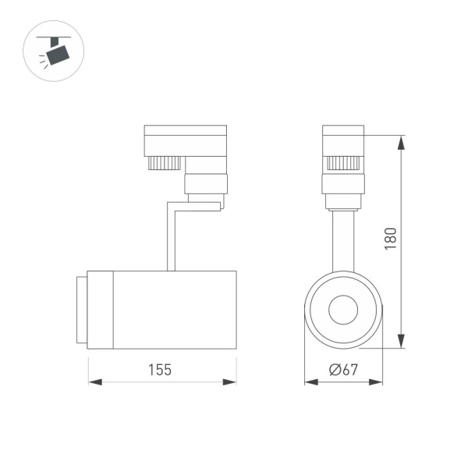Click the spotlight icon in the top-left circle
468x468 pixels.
[x=55, y=52]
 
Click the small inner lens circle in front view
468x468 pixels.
[x=343, y=310]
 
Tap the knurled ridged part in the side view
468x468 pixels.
[x=164, y=163]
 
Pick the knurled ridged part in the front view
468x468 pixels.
[x=343, y=163]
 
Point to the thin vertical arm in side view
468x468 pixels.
[x=171, y=238]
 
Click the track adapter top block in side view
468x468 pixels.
[x=186, y=140]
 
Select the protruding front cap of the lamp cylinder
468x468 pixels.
[x=81, y=310]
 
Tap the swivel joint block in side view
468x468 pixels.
[x=206, y=185]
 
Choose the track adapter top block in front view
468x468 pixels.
[x=343, y=139]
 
